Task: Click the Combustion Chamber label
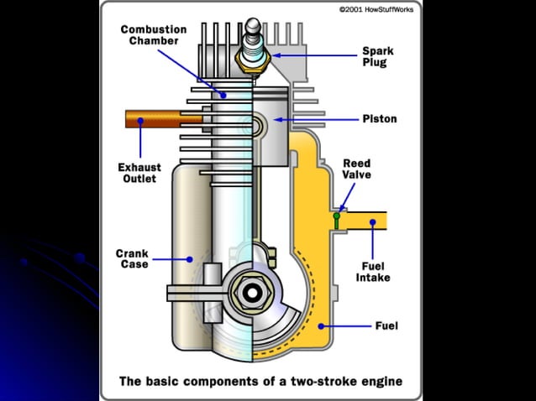(153, 36)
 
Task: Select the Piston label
(379, 119)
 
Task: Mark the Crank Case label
(132, 258)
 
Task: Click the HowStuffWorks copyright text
(376, 9)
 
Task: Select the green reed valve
(336, 221)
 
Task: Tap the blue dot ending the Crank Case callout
(191, 258)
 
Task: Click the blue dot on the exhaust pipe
(140, 121)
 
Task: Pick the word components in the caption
(223, 382)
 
